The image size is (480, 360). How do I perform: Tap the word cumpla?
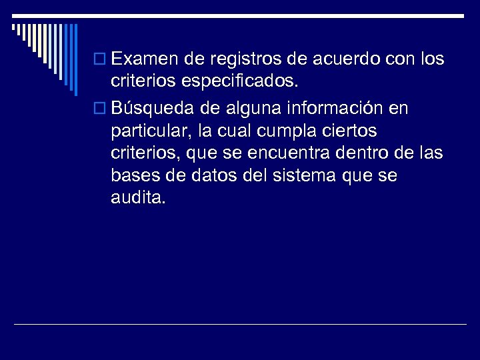click(273, 130)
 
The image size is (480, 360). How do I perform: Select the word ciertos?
click(335, 130)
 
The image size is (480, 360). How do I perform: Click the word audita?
click(137, 198)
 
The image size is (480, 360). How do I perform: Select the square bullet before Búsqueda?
click(101, 108)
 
